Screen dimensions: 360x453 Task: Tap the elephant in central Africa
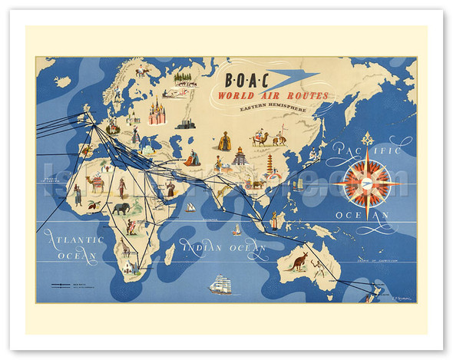[121, 208]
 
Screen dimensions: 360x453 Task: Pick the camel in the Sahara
[97, 184]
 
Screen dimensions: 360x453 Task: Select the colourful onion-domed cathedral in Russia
[157, 112]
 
